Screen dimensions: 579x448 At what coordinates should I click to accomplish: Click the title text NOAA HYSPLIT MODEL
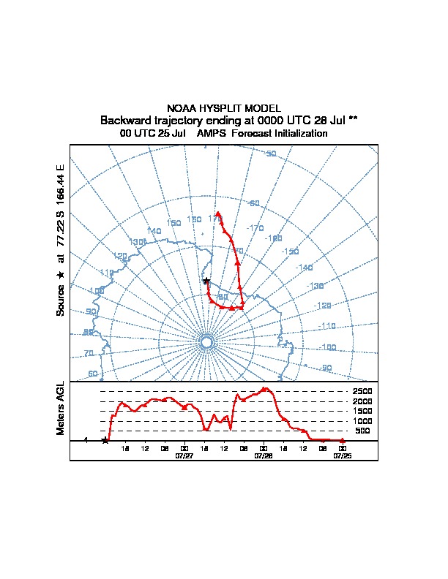[224, 108]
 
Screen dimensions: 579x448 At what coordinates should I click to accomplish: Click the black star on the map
[206, 281]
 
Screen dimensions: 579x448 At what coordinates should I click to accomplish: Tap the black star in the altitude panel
[105, 440]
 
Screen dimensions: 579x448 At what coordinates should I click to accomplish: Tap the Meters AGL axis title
[61, 408]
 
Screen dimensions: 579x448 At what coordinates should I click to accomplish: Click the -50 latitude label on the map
[270, 154]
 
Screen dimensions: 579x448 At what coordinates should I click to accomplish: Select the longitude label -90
[325, 368]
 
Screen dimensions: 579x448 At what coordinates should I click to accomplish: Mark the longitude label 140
[154, 231]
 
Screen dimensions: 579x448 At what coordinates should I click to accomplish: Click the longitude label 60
[93, 374]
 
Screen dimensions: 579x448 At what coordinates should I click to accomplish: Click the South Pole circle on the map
[206, 342]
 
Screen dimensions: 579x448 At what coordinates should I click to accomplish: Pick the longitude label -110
[327, 326]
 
